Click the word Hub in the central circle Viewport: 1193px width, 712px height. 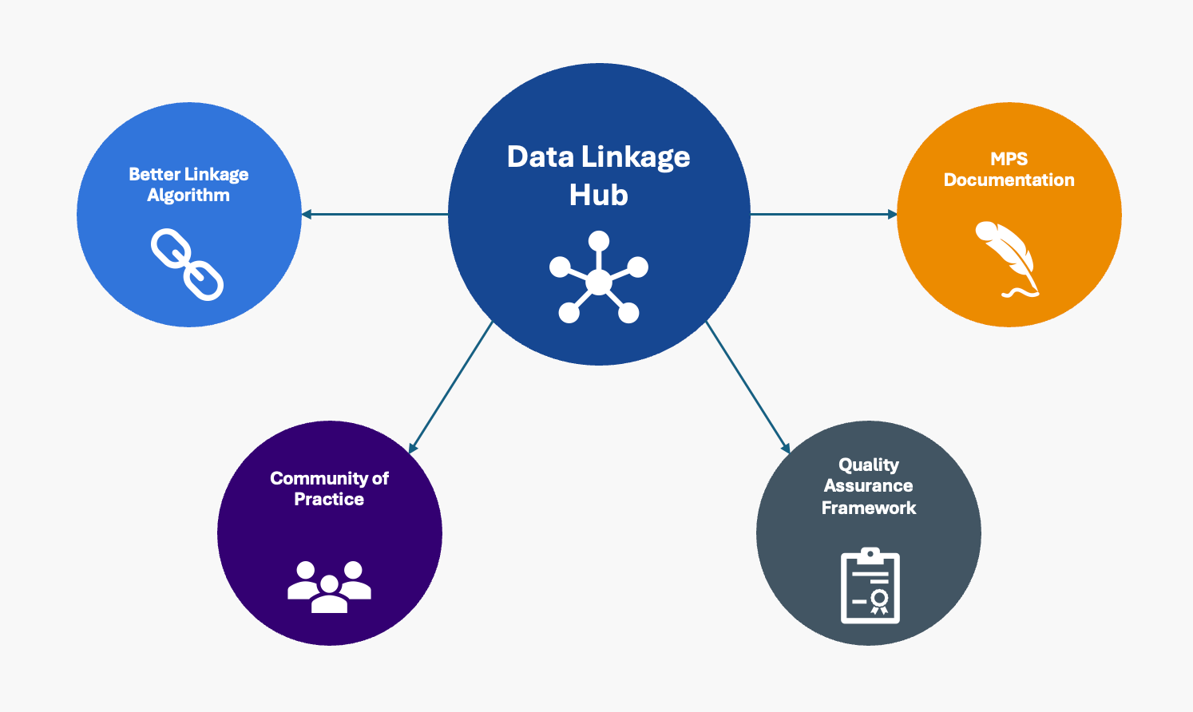(598, 196)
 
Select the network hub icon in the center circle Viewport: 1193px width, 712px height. (598, 278)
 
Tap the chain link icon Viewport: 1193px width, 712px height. (188, 264)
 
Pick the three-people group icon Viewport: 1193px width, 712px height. (329, 587)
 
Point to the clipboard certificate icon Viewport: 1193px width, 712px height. (870, 586)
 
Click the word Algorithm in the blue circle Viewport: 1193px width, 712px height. (188, 196)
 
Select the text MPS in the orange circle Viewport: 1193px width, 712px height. (1009, 159)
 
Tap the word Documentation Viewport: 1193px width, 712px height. (1009, 180)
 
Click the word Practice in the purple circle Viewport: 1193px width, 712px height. (329, 500)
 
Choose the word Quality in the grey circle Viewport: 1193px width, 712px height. (869, 465)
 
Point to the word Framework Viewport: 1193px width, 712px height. (869, 508)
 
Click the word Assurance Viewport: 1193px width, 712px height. (869, 486)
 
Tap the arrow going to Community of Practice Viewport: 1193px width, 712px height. (451, 388)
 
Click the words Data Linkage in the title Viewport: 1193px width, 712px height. (598, 157)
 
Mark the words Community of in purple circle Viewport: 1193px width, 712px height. (329, 478)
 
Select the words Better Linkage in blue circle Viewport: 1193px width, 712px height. (188, 174)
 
